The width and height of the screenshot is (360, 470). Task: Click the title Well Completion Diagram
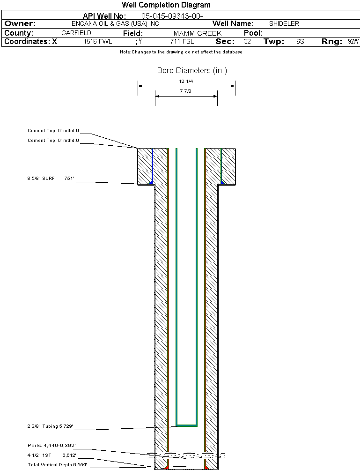[166, 5]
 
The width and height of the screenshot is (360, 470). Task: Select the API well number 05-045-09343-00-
[172, 16]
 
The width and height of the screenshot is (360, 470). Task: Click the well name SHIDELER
[284, 23]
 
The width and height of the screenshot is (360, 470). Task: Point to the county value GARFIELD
[76, 33]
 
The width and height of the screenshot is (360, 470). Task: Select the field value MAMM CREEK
[198, 33]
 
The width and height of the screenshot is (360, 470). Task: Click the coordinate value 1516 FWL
[98, 42]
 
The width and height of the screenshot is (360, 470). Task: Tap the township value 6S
[300, 42]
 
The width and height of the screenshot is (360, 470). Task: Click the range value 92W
[353, 42]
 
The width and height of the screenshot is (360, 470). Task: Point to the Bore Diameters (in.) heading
[192, 71]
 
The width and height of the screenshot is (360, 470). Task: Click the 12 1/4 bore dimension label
[186, 81]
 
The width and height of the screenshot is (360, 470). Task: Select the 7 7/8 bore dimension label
[185, 91]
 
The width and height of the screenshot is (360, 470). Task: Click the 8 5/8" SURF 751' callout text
[51, 179]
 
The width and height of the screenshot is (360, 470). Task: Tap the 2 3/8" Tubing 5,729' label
[50, 426]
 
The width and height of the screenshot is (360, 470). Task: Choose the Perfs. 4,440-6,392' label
[51, 445]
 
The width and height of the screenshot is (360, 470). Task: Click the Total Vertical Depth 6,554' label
[57, 464]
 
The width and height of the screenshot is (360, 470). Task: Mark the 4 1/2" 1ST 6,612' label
[51, 455]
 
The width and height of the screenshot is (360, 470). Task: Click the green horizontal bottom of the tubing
[186, 425]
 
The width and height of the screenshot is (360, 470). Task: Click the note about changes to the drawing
[181, 52]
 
